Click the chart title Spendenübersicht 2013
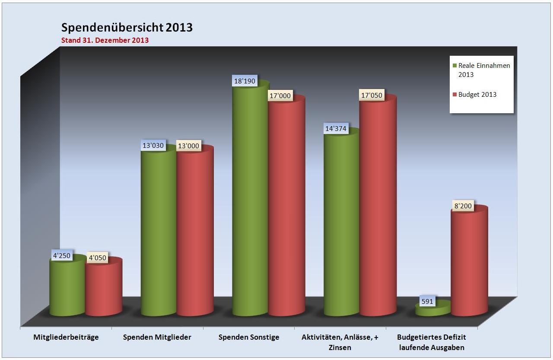tap(127, 28)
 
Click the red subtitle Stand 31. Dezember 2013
tap(105, 40)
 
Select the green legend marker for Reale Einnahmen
tap(454, 66)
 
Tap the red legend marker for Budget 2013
tap(454, 95)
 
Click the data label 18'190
tap(245, 81)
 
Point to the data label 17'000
tap(280, 96)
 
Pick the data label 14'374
tap(335, 128)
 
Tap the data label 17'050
tap(371, 95)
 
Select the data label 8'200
tap(462, 206)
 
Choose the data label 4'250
tap(62, 255)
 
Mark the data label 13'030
tap(153, 145)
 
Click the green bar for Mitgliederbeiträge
tap(67, 287)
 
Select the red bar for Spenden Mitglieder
tap(195, 233)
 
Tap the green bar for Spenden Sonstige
tap(250, 203)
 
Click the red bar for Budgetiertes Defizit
tap(469, 264)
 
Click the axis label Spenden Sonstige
tap(249, 337)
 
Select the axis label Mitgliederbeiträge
tap(66, 337)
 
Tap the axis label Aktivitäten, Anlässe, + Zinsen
tap(340, 342)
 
